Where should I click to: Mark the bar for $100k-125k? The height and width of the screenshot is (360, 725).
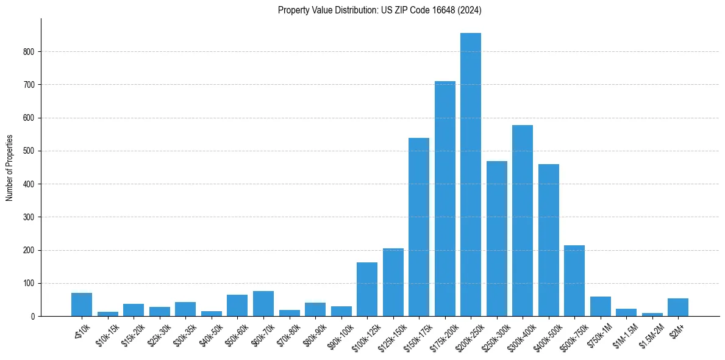pos(367,289)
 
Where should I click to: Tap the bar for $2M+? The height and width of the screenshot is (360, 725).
pos(678,308)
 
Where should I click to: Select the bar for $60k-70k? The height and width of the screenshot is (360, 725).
pos(263,304)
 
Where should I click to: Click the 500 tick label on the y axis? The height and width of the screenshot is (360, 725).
pos(32,151)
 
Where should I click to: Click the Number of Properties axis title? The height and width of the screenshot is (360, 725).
pos(10,168)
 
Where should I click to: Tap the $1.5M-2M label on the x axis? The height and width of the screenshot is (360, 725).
pos(650,331)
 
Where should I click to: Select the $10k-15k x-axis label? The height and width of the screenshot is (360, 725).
pos(106,331)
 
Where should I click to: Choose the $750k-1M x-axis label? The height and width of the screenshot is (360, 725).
pos(599,331)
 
